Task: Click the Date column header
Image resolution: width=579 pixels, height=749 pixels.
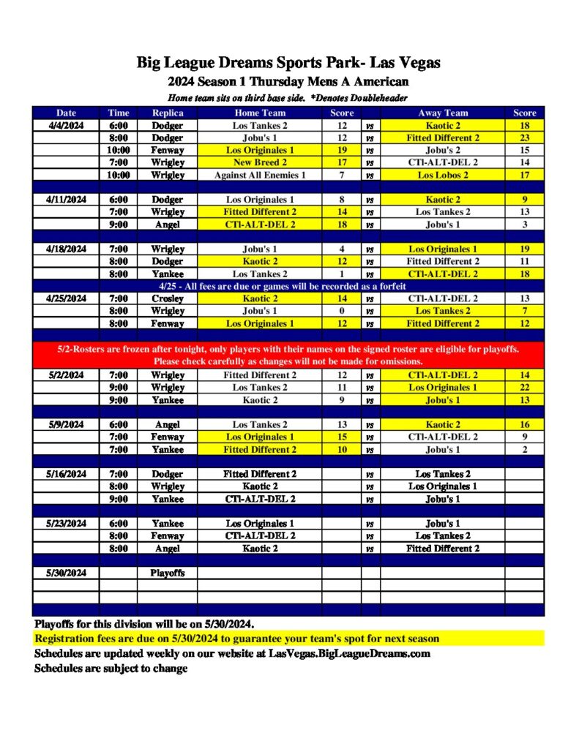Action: pos(66,113)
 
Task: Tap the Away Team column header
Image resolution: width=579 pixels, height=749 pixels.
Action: pos(443,113)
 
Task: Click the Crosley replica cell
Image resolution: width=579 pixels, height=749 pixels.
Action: pos(168,298)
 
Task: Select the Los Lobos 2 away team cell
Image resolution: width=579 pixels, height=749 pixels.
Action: pos(443,175)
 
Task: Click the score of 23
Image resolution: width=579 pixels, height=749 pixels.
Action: pos(524,138)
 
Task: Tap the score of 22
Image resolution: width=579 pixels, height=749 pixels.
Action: pos(524,387)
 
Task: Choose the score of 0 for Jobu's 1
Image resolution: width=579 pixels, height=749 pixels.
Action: pos(342,311)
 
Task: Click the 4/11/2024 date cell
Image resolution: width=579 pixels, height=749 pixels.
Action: pos(66,199)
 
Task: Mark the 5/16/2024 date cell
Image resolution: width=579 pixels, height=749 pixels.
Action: pos(66,474)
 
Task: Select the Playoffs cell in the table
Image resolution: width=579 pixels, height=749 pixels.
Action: pos(168,573)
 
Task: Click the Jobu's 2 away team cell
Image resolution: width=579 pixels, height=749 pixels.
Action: pos(443,150)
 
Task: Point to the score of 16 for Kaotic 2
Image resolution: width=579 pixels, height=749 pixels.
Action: pos(524,424)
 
